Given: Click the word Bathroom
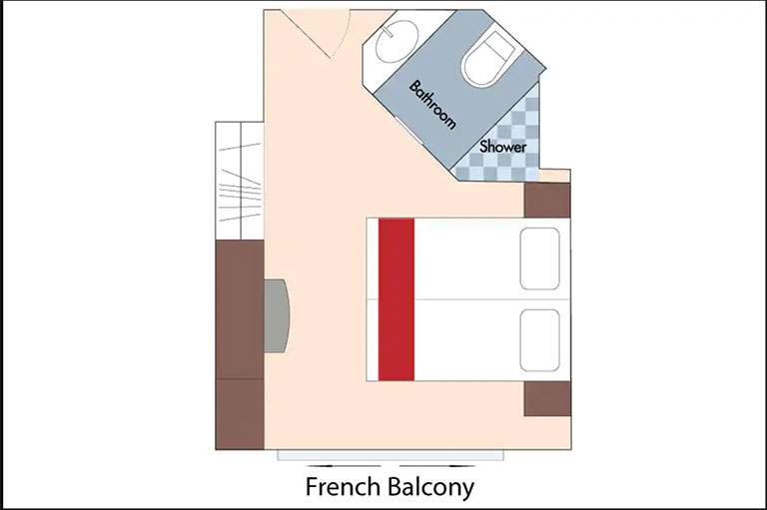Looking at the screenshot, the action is (432, 104).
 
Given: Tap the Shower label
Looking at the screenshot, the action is (503, 146).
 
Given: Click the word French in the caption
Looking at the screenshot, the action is (343, 486).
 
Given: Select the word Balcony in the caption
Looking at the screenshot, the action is (431, 487).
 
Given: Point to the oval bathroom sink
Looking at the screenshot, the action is (396, 41).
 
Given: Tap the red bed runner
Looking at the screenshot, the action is (396, 299).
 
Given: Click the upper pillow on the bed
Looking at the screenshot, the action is (539, 258).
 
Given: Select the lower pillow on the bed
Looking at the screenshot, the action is (539, 340).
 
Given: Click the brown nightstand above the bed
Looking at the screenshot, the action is (547, 200).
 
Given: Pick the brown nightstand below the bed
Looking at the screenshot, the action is (547, 399).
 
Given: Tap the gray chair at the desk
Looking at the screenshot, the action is (277, 315).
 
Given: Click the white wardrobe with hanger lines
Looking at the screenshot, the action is (240, 181).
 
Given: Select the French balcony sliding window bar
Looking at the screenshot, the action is (390, 456).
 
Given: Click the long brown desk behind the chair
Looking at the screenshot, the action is (240, 309).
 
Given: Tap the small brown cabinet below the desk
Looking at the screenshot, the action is (240, 414).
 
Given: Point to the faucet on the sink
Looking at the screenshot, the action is (387, 32).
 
